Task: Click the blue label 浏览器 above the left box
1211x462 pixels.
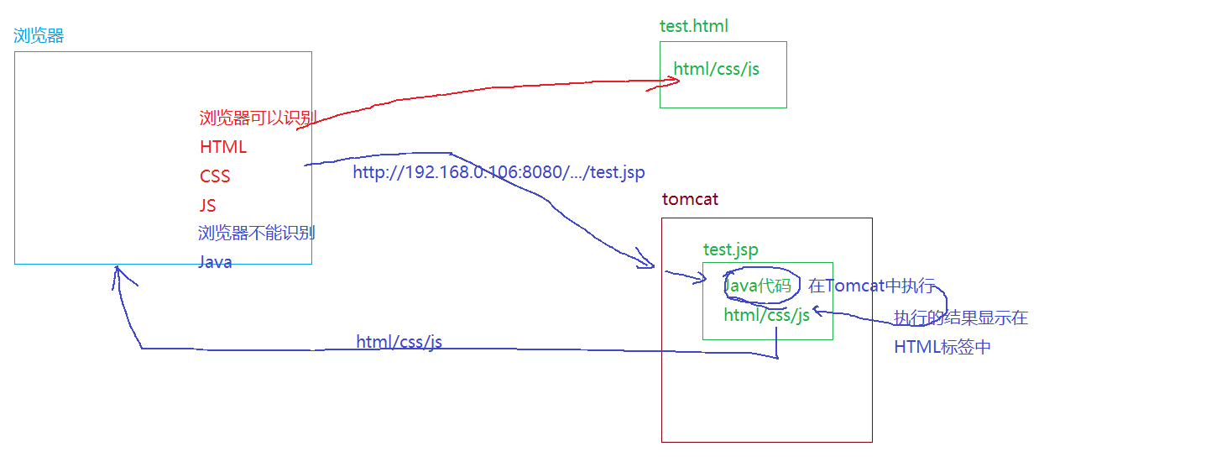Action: (x=39, y=36)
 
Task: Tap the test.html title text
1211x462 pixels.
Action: (x=693, y=26)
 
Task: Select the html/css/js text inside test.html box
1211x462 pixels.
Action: (x=716, y=69)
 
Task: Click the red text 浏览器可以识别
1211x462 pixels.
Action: (x=258, y=118)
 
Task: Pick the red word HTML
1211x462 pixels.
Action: (x=223, y=147)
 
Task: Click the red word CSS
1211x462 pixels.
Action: (x=215, y=176)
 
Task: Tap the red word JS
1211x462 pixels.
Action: (x=208, y=206)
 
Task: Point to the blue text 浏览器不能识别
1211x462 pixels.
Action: (x=257, y=233)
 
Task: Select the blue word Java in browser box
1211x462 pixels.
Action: (x=215, y=262)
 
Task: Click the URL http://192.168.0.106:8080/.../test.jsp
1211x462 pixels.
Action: (x=498, y=173)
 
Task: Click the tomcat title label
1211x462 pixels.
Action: (x=690, y=200)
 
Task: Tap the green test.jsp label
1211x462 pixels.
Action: (x=730, y=249)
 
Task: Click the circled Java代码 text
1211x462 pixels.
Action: (x=758, y=286)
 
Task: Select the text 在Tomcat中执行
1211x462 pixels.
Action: (x=871, y=286)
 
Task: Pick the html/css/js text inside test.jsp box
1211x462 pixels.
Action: (x=766, y=315)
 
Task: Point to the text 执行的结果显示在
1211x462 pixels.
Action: (x=960, y=318)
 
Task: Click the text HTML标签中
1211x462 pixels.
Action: (x=942, y=347)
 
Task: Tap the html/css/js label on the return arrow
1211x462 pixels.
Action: (x=399, y=342)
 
